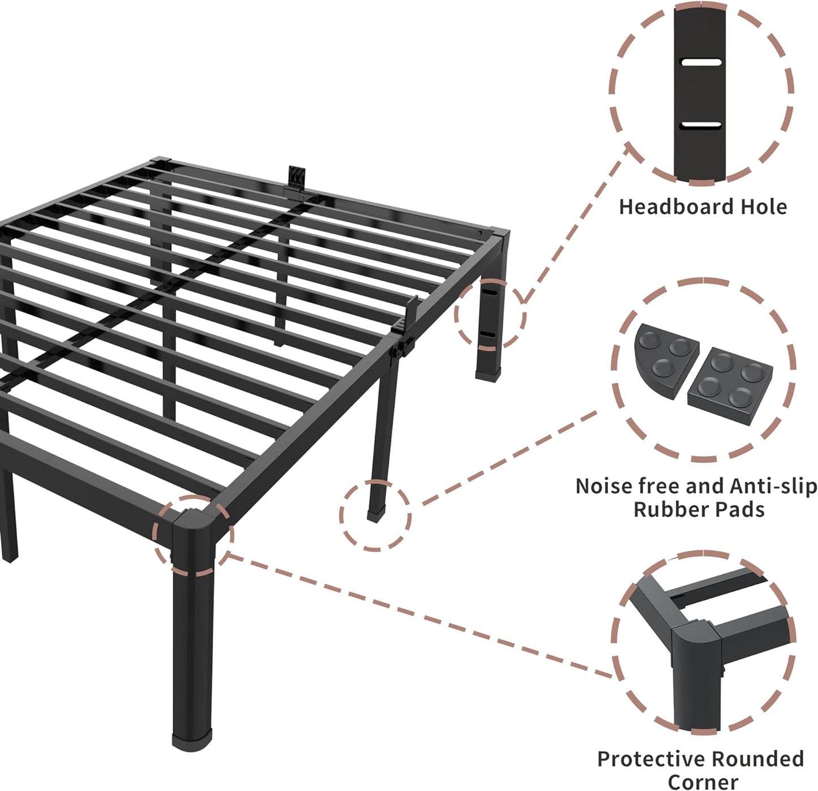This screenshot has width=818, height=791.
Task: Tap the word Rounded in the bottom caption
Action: pyautogui.click(x=758, y=759)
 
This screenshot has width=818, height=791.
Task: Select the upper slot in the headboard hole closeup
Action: pyautogui.click(x=701, y=62)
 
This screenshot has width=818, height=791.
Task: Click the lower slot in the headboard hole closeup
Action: pyautogui.click(x=701, y=124)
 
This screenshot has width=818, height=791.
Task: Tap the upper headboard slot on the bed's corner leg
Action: pyautogui.click(x=489, y=295)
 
